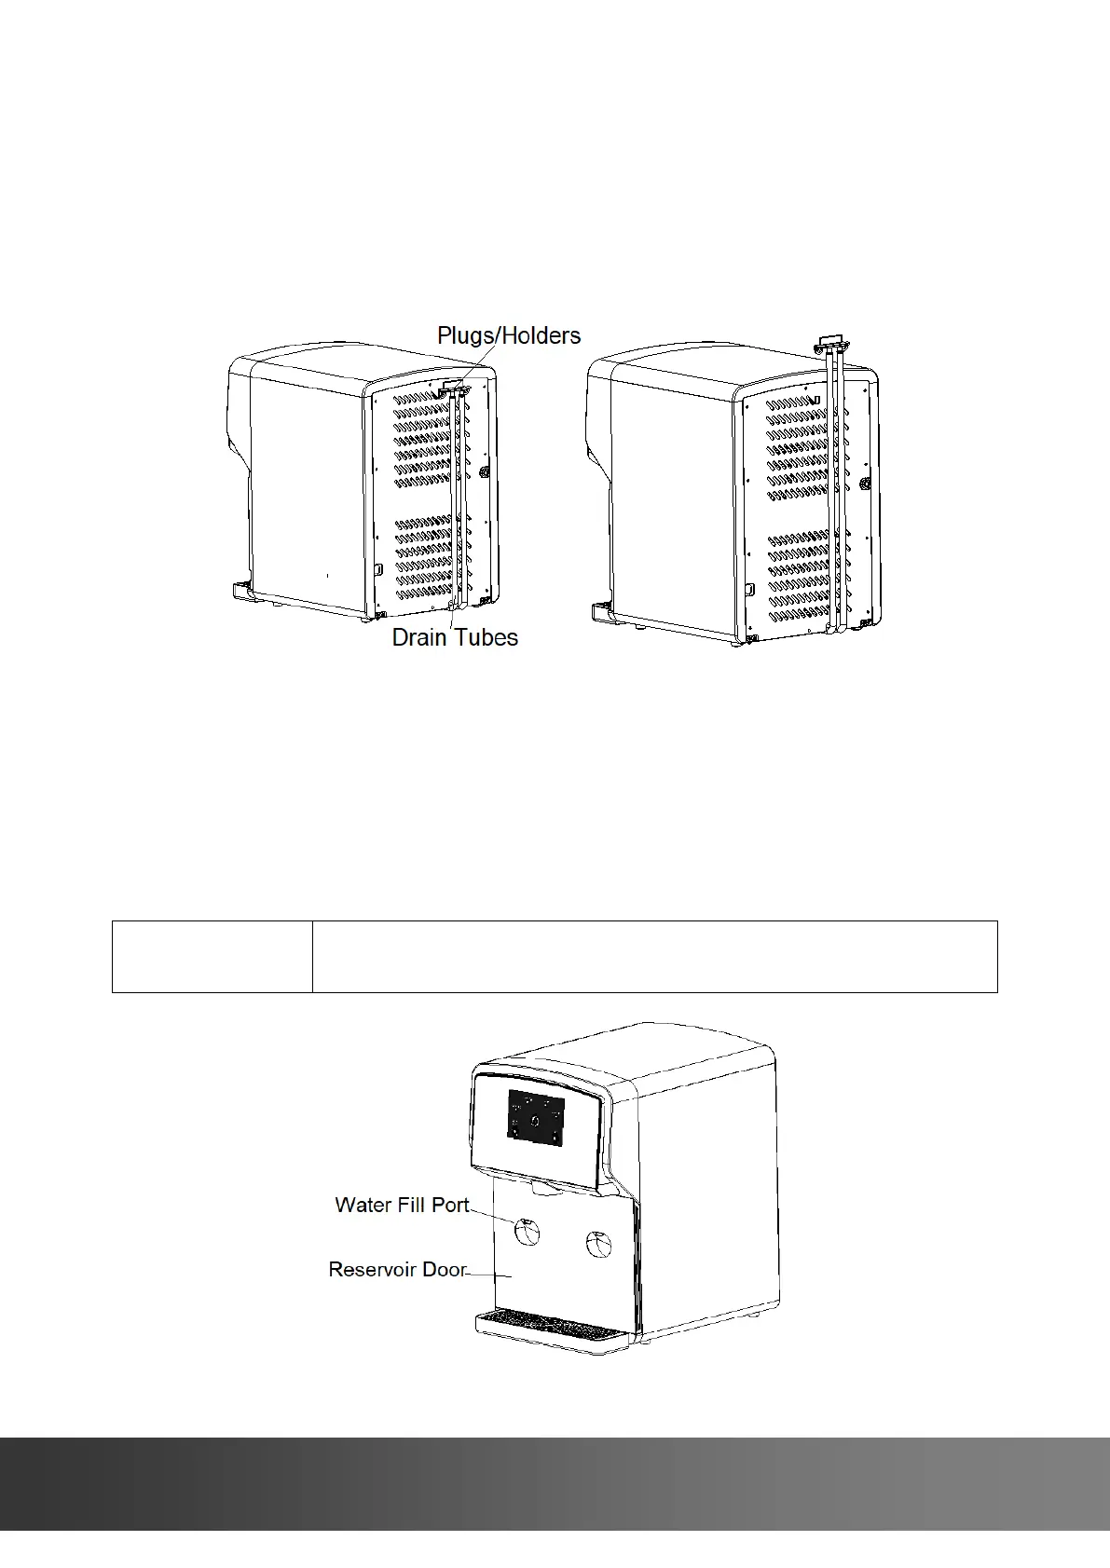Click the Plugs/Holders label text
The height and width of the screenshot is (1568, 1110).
click(x=509, y=336)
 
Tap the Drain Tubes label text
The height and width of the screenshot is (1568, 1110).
click(x=455, y=637)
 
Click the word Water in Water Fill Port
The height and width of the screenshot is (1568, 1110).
click(x=363, y=1205)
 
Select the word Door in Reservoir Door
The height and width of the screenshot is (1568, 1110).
click(x=444, y=1270)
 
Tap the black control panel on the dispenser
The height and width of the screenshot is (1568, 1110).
click(x=536, y=1116)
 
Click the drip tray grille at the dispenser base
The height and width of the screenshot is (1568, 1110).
click(x=549, y=1322)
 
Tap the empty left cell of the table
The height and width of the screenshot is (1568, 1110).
click(x=212, y=957)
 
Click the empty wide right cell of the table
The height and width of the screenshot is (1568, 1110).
click(x=654, y=957)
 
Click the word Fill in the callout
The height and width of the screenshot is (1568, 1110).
click(x=413, y=1205)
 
